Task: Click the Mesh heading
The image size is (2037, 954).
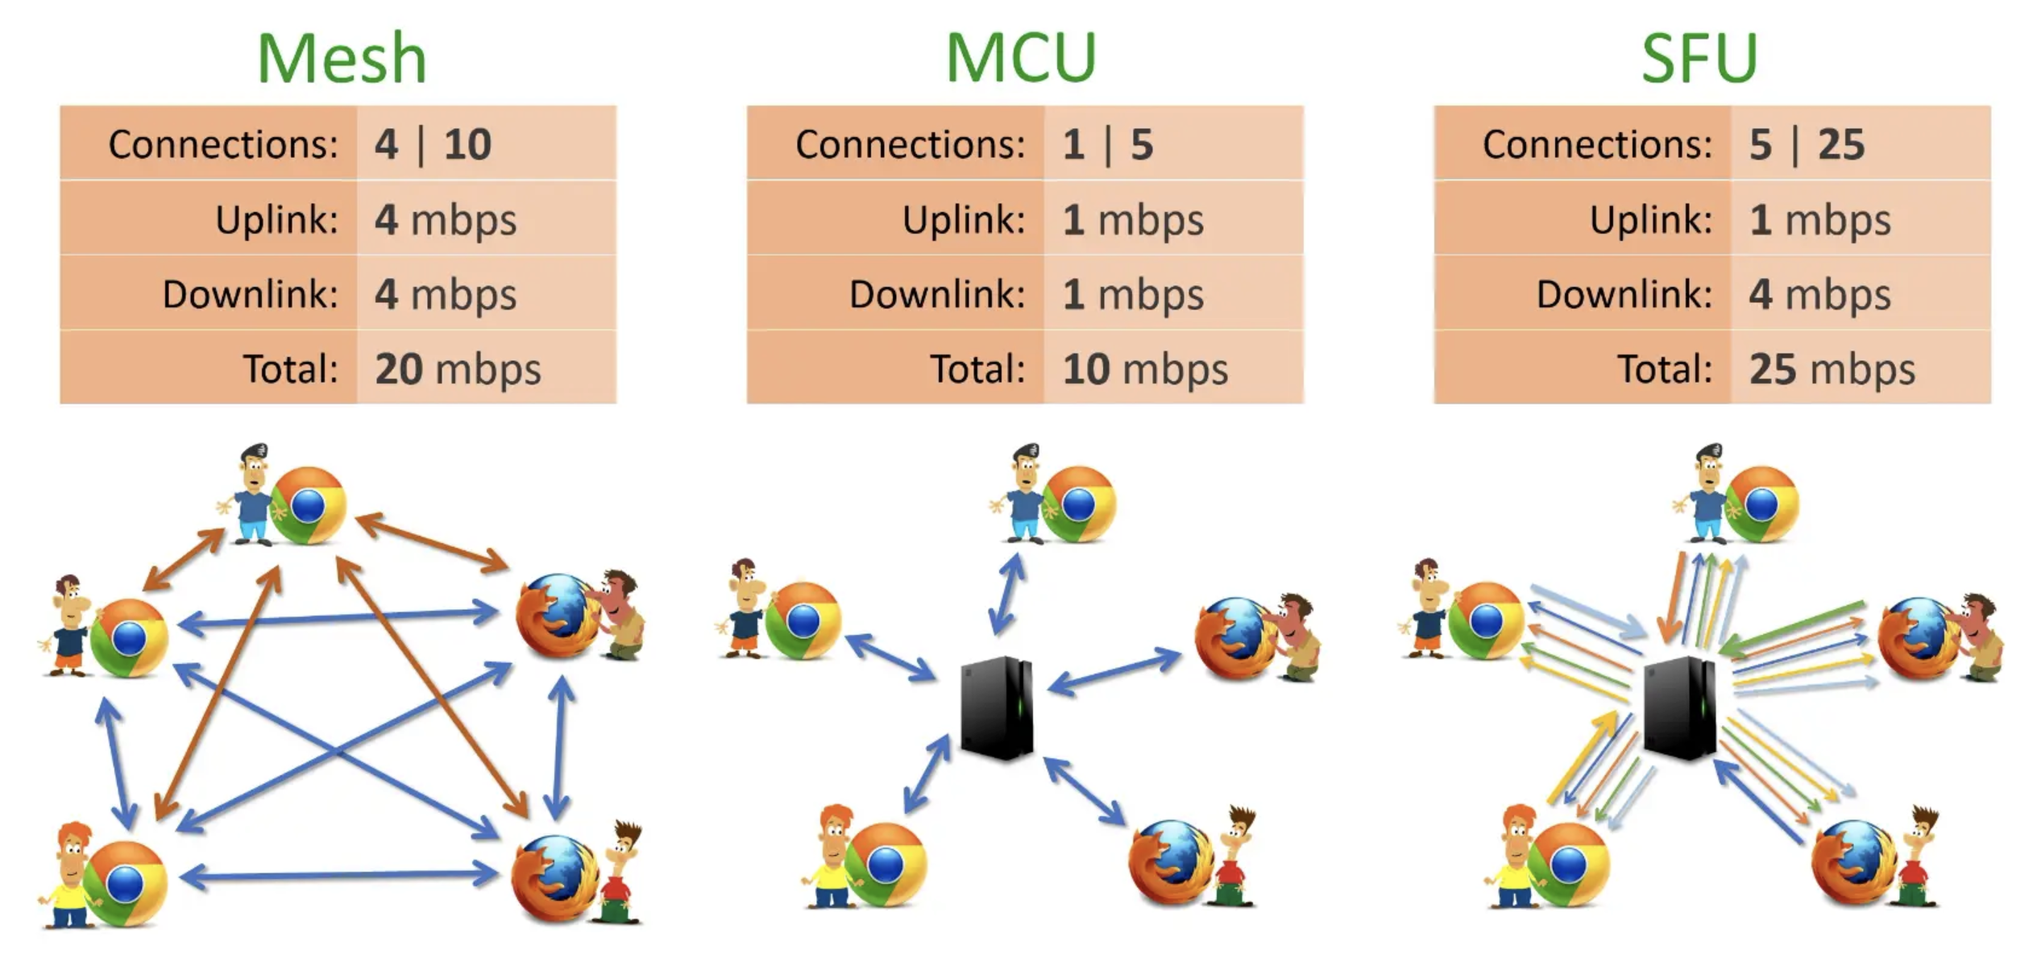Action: click(x=341, y=58)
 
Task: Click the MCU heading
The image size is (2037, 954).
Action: click(x=1020, y=58)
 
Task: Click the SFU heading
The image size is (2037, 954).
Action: click(x=1699, y=58)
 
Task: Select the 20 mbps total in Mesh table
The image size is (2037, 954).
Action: click(x=457, y=369)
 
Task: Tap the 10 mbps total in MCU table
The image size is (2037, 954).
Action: click(x=1144, y=369)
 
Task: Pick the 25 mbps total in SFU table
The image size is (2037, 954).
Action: click(x=1831, y=369)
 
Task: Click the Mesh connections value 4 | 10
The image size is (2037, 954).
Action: click(x=433, y=144)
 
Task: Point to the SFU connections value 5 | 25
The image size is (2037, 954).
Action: click(x=1806, y=144)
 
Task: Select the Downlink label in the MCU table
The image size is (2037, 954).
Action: click(x=937, y=294)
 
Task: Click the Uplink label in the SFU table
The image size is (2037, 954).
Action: click(x=1650, y=219)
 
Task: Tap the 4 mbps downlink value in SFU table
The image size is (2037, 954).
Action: click(x=1819, y=294)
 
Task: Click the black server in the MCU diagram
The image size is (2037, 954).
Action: click(x=997, y=707)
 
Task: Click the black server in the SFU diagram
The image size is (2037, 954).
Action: click(x=1679, y=707)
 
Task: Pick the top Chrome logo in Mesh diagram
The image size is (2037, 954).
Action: click(x=309, y=505)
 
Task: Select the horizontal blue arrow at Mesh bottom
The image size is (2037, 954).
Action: click(x=338, y=875)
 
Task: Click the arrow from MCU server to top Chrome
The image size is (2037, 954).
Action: click(x=1006, y=595)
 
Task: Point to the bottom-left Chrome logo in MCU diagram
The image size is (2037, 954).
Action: click(x=886, y=864)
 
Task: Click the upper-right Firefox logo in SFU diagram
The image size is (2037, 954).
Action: click(x=1919, y=638)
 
